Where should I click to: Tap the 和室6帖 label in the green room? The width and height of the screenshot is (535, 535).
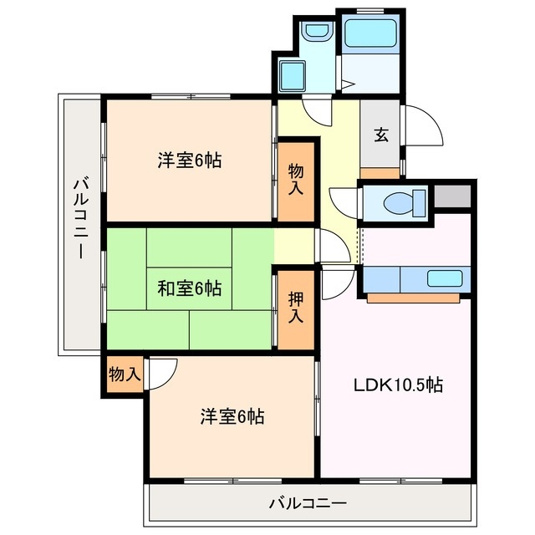(190, 288)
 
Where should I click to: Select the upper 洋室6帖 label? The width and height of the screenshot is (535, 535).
(190, 160)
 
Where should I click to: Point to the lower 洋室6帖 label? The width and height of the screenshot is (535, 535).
(232, 415)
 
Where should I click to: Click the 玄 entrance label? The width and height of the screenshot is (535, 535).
(381, 135)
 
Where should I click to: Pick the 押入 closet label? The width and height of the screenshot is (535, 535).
(297, 308)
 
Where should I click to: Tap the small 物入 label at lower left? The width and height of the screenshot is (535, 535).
(125, 374)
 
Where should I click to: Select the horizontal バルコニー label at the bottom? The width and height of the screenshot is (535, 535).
(308, 504)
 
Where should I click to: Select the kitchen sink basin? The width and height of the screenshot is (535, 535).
(444, 278)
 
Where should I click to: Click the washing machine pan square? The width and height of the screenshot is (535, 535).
(293, 77)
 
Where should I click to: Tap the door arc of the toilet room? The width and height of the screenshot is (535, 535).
(344, 201)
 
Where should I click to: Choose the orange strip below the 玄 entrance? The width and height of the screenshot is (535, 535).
(380, 174)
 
